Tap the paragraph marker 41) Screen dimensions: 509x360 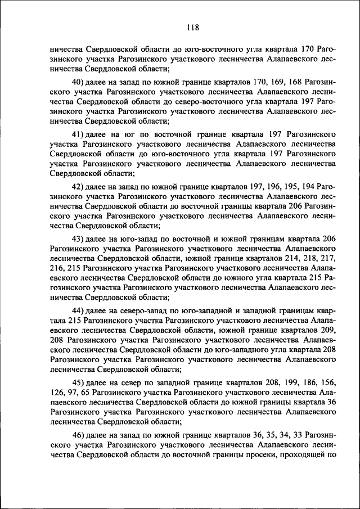[x=79, y=134]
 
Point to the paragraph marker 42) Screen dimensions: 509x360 [x=79, y=186]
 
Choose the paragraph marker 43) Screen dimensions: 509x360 [x=79, y=238]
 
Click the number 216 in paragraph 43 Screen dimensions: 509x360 [x=57, y=268]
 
